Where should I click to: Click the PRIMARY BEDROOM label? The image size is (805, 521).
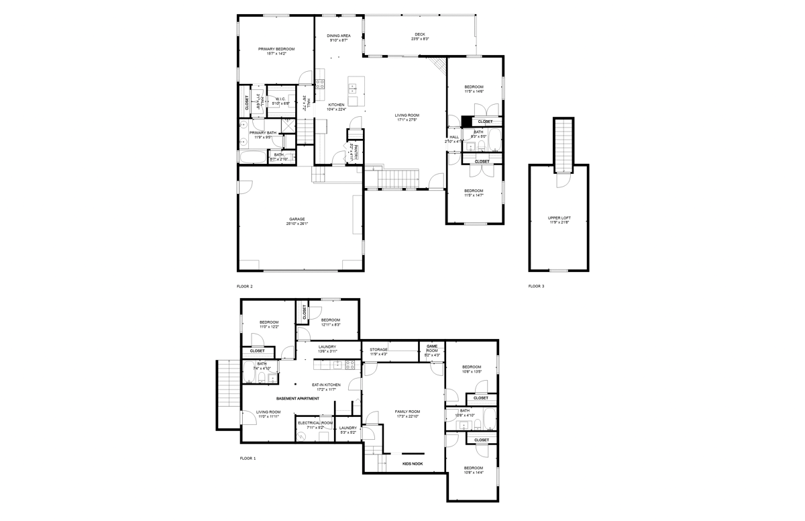pyautogui.click(x=276, y=49)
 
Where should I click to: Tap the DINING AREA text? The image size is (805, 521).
pyautogui.click(x=338, y=36)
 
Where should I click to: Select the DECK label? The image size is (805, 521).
pyautogui.click(x=419, y=35)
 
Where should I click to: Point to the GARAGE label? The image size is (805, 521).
pyautogui.click(x=297, y=219)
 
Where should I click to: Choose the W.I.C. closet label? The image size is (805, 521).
pyautogui.click(x=281, y=99)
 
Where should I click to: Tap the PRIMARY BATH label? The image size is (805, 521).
pyautogui.click(x=263, y=133)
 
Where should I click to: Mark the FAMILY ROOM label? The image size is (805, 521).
pyautogui.click(x=407, y=412)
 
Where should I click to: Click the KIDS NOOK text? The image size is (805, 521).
pyautogui.click(x=412, y=463)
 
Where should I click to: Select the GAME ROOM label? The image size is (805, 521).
pyautogui.click(x=432, y=348)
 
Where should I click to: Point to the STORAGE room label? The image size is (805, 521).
pyautogui.click(x=378, y=349)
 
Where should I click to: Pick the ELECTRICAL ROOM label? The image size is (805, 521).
pyautogui.click(x=315, y=423)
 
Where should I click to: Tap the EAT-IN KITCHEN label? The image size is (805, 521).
pyautogui.click(x=326, y=385)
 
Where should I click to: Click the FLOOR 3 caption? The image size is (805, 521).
pyautogui.click(x=536, y=286)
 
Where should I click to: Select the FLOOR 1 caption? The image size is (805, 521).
pyautogui.click(x=248, y=459)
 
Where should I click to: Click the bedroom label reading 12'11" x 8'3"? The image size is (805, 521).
pyautogui.click(x=330, y=320)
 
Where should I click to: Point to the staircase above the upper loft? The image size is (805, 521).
pyautogui.click(x=564, y=144)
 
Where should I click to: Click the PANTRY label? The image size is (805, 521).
pyautogui.click(x=357, y=152)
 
